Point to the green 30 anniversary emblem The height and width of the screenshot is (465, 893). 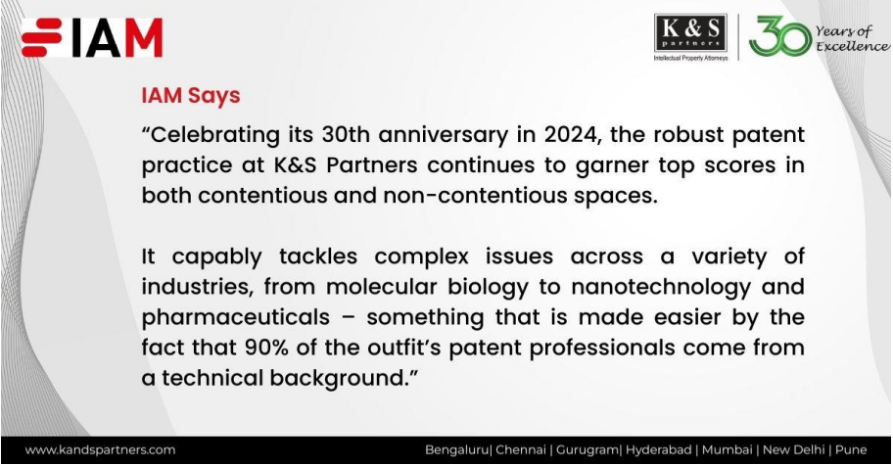click(x=779, y=37)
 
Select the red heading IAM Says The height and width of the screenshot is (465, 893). click(x=191, y=97)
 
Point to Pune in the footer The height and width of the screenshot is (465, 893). click(x=852, y=450)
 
